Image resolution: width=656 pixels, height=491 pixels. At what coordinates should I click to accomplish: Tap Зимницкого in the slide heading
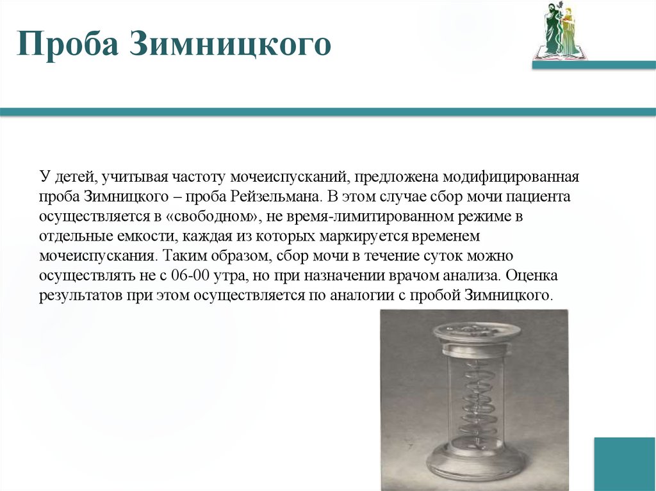[230, 47]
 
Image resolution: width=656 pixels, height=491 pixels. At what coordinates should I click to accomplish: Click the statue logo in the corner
[559, 30]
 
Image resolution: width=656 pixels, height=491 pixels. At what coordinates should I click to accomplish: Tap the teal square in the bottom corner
[625, 463]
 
